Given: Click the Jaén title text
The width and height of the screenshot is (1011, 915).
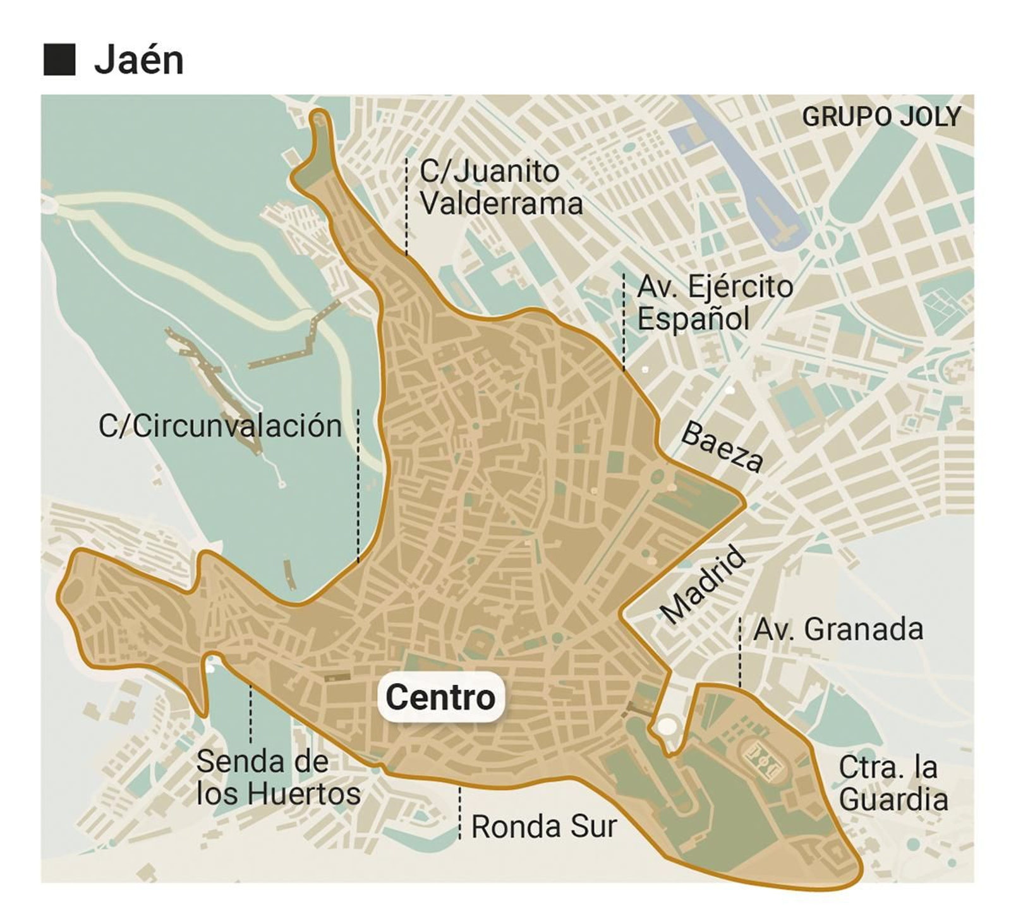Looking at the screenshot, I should pos(138,60).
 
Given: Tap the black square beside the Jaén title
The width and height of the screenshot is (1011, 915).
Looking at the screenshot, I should pos(59,60).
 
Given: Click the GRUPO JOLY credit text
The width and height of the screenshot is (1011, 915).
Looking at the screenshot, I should pos(881,117).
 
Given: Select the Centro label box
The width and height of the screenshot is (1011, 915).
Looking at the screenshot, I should pos(440,697).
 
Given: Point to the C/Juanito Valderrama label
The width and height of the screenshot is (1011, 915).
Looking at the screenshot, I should pos(500,188).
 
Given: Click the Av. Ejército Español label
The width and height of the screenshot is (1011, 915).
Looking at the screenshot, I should pos(714,302).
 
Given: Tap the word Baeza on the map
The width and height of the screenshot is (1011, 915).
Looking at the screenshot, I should pos(722,447).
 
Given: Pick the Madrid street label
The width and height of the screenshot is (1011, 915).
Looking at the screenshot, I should pos(703,585).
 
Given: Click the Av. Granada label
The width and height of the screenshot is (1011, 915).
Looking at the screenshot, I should pos(838,629).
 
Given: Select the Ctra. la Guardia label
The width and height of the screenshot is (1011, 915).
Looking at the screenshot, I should pos(892,784).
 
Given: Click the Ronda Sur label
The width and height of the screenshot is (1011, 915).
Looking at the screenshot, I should pos(543,827).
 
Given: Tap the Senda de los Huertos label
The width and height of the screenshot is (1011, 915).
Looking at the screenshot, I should pos(278,778).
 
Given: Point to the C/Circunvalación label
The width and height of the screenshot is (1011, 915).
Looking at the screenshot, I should pos(220,426).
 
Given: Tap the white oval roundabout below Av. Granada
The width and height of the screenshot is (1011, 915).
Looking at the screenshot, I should pos(665,726).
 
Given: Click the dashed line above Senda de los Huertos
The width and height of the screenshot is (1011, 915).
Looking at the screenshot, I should pos(251,714).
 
